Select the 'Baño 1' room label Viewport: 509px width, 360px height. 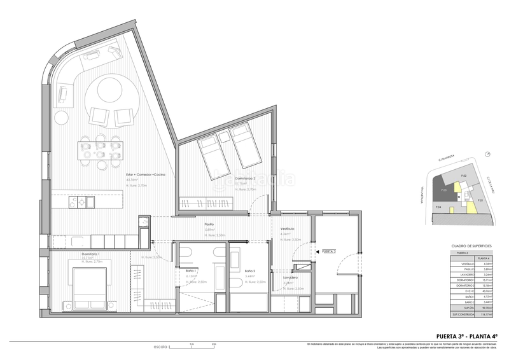tap(191, 271)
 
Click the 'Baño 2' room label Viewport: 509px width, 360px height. tap(250, 271)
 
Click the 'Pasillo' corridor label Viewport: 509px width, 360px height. tap(209, 224)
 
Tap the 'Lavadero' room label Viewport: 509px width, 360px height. tap(291, 277)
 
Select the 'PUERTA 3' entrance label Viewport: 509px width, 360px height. tap(330, 252)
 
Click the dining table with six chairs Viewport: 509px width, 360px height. tap(100, 151)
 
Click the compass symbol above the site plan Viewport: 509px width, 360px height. tap(488, 155)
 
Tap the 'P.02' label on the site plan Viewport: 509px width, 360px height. tap(464, 175)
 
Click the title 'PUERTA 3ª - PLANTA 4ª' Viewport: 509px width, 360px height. tap(466, 336)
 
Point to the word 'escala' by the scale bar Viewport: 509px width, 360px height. tap(160, 347)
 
